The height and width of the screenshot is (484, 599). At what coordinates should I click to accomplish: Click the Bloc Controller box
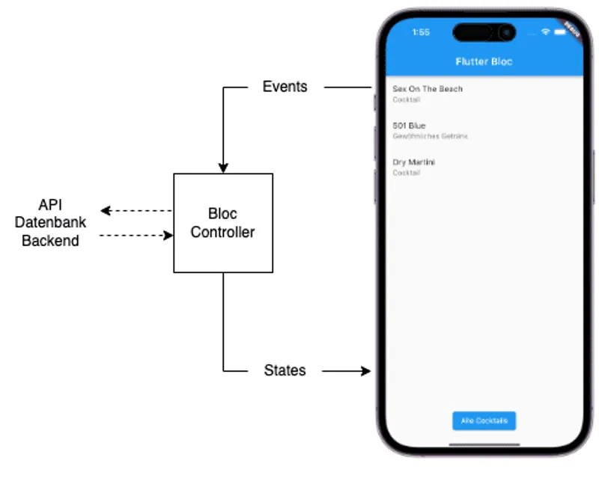tap(223, 223)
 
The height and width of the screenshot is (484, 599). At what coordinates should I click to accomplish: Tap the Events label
tap(285, 87)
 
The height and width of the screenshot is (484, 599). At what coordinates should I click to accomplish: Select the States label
tap(285, 370)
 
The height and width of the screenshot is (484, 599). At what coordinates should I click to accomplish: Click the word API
tap(50, 205)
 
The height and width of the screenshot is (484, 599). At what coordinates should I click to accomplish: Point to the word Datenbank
tap(50, 223)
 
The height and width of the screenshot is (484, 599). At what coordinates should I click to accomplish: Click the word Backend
tap(50, 241)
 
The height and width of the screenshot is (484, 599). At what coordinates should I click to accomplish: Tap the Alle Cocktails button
tap(484, 420)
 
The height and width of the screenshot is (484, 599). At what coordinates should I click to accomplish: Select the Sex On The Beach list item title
tap(428, 89)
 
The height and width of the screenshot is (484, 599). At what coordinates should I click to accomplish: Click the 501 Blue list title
tap(409, 126)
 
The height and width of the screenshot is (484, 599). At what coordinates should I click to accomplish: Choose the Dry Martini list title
tap(414, 162)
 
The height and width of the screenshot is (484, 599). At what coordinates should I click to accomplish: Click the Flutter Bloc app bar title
tap(484, 61)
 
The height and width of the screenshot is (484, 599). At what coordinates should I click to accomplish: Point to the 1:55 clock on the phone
tap(421, 33)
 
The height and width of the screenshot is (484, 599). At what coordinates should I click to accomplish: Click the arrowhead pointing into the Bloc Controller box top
tap(223, 168)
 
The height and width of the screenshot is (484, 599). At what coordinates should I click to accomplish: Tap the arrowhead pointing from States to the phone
tap(365, 370)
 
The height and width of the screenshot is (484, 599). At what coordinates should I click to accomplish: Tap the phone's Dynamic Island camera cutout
tap(484, 33)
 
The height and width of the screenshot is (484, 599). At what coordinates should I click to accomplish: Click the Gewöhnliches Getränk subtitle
tap(430, 136)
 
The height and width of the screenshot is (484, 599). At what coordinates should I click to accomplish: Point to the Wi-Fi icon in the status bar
tap(546, 33)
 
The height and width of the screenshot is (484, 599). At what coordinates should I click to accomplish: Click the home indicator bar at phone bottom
tap(484, 443)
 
